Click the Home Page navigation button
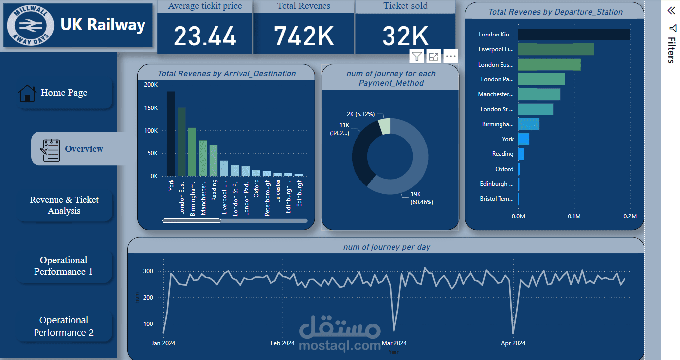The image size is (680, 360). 64,93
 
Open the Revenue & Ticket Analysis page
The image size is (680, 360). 64,205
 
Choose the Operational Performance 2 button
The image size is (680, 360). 64,326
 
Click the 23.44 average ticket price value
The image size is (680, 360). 205,36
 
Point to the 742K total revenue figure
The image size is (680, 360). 304,36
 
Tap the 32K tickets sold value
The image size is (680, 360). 405,36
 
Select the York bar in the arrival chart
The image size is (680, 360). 171,134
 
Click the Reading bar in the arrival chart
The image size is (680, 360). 214,160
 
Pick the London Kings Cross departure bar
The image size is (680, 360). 573,35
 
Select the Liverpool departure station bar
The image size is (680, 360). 556,49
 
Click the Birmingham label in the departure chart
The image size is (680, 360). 498,124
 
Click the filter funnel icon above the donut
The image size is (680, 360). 417,56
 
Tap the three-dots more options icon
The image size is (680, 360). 451,56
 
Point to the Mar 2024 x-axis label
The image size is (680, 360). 394,343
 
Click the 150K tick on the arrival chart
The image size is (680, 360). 151,108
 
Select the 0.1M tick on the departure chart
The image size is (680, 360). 574,216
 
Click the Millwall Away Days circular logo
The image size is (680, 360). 31,26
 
